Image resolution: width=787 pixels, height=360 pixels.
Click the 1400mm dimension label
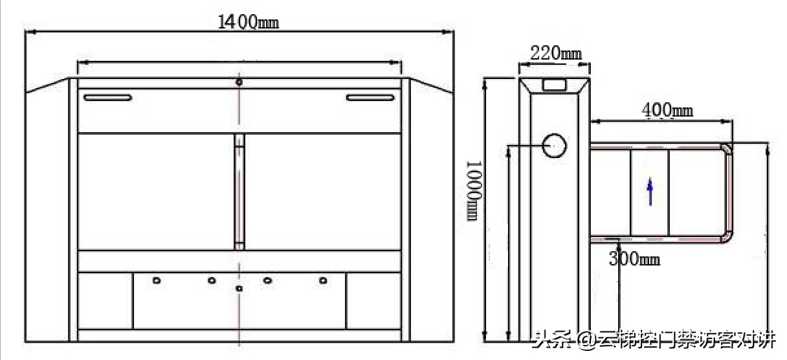click(248, 22)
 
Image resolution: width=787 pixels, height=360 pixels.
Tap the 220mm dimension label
click(556, 54)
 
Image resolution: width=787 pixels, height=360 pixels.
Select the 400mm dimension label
click(667, 110)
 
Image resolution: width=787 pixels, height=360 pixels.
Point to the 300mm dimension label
click(634, 259)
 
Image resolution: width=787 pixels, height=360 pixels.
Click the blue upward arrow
click(650, 191)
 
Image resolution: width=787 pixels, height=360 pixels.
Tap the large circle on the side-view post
click(554, 146)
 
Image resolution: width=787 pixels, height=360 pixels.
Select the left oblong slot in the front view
click(107, 97)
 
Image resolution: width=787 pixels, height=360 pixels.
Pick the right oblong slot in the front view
click(370, 97)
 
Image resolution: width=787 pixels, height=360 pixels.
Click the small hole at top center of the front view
click(239, 82)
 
